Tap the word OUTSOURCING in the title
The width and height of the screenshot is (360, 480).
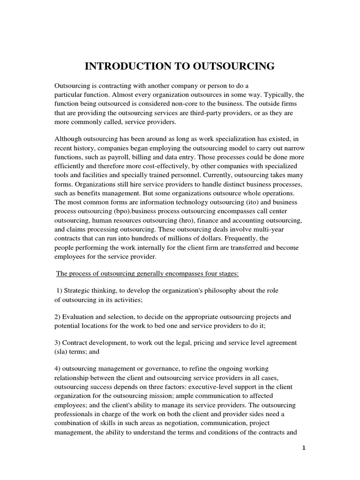point(234,67)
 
